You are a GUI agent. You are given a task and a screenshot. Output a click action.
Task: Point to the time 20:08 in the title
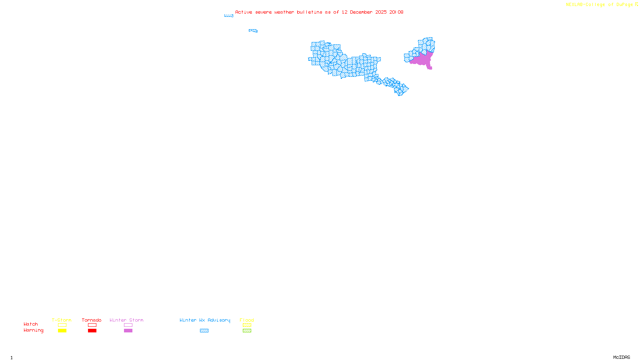point(396,12)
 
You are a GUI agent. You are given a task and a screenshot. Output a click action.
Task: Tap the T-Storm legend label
point(62,320)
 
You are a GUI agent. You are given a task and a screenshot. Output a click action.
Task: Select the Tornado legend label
point(92,320)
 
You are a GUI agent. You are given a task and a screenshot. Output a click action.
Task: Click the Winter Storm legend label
point(126,320)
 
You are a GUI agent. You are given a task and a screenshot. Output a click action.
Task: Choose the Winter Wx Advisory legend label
point(205,320)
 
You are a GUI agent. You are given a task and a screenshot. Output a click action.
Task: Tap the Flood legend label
point(247,320)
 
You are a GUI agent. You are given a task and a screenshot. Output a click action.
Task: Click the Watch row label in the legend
point(31,324)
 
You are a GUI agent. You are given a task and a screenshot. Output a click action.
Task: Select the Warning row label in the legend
point(34,330)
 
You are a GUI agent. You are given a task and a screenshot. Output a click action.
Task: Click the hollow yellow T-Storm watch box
point(62,325)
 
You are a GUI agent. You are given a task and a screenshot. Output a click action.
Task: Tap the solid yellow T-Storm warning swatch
point(62,331)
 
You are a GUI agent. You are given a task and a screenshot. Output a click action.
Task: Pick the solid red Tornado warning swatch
point(92,331)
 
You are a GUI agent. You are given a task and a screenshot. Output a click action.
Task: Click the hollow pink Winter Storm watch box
point(128,325)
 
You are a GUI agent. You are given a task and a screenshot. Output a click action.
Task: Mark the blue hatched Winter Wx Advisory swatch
point(204,331)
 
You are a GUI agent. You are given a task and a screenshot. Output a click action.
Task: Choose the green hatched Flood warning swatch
point(247,331)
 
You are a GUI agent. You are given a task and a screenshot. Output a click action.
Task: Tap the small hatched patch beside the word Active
point(229,16)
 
